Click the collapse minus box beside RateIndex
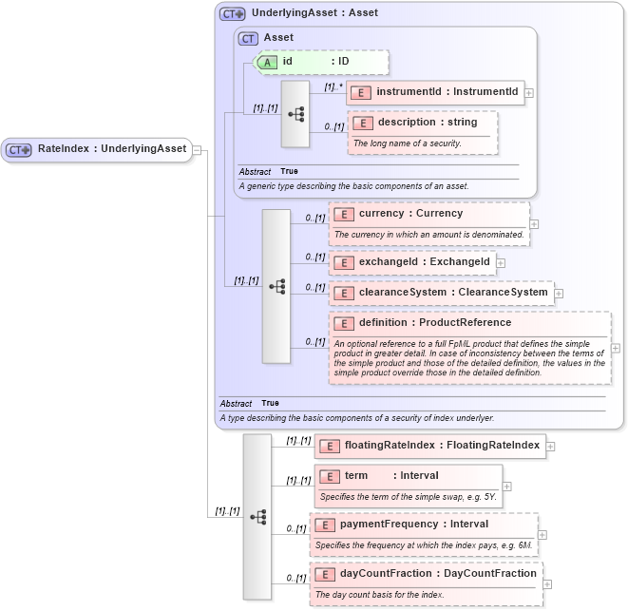(x=197, y=149)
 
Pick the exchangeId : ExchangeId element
(x=412, y=261)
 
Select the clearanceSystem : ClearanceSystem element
(x=441, y=292)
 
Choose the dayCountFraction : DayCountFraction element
(x=428, y=573)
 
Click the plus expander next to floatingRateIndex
(x=551, y=446)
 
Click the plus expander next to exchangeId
(x=501, y=262)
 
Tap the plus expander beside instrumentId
(x=529, y=93)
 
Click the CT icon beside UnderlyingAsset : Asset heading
(x=232, y=14)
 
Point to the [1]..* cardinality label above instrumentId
(x=333, y=86)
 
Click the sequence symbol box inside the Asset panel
(x=295, y=113)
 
